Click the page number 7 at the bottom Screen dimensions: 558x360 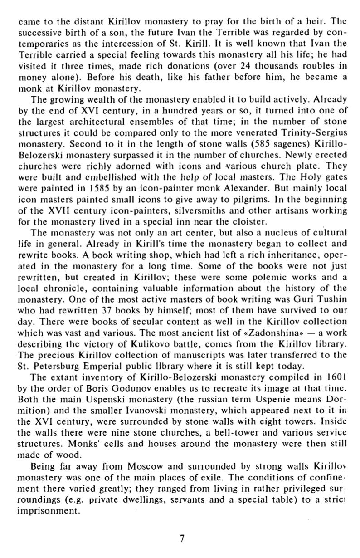click(181, 538)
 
